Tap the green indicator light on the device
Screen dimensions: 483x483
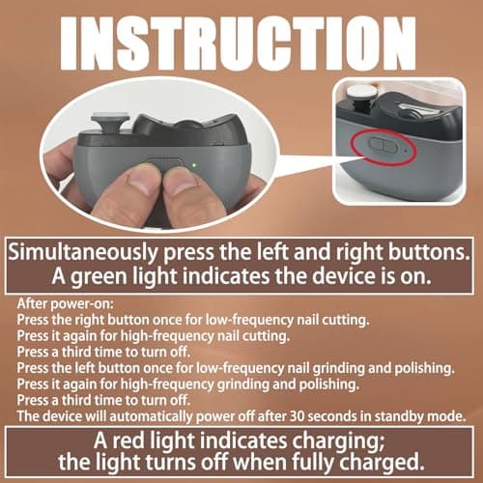coord(193,163)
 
